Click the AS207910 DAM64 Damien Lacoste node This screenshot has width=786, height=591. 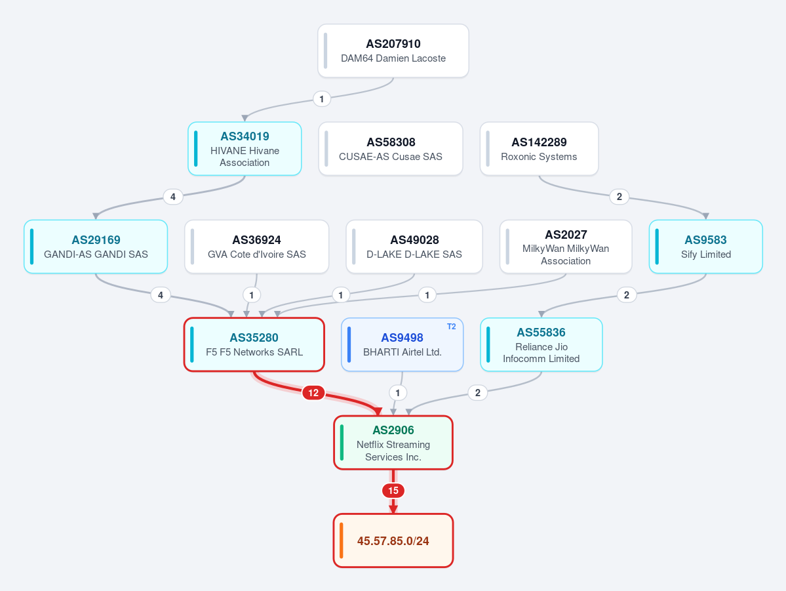393,51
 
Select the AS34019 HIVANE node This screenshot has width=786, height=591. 245,148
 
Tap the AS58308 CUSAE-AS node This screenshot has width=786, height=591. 391,148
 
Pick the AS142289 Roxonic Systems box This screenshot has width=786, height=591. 539,148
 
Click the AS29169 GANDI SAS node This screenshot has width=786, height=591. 96,247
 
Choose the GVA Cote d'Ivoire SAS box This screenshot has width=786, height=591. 257,247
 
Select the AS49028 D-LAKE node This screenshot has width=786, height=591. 414,247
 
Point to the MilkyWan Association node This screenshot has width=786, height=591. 566,247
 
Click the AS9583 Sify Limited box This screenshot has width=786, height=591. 706,247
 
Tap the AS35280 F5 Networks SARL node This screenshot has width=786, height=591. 254,344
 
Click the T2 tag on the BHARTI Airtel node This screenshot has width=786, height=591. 451,327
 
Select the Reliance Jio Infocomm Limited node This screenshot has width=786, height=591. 541,344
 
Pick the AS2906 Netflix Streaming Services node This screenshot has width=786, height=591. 393,443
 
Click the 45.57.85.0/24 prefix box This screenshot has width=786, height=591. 393,540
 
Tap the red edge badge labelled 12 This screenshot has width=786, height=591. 313,393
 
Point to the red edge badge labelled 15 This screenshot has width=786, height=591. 393,491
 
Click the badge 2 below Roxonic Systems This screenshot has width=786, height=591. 619,197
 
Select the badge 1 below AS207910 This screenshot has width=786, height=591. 322,99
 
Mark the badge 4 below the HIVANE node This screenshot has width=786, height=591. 173,197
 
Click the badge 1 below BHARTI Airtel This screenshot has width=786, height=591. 398,393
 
